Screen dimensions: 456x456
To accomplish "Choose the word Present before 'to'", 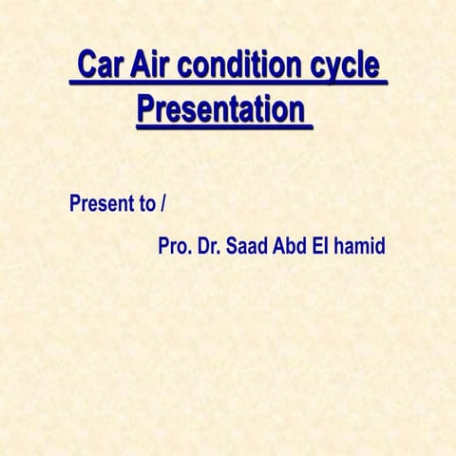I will pyautogui.click(x=100, y=203).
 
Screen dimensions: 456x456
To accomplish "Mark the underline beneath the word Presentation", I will pyautogui.click(x=223, y=126).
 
